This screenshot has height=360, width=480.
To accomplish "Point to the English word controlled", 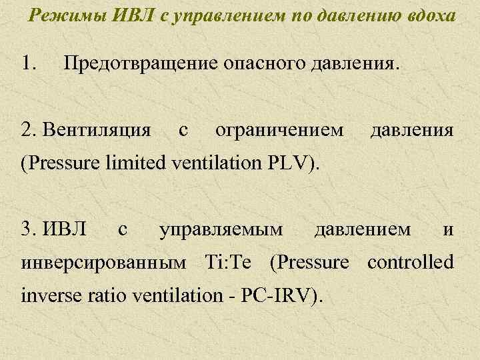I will point(411,262).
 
